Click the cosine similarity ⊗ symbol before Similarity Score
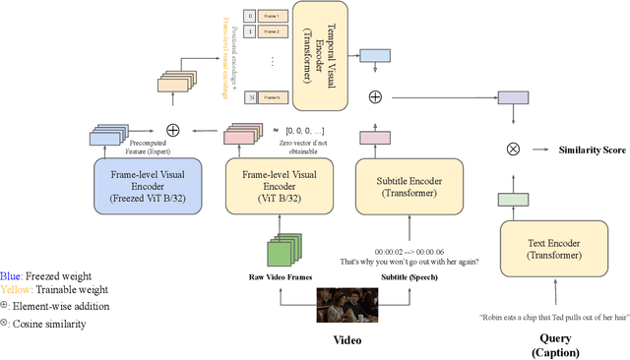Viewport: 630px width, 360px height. [x=512, y=149]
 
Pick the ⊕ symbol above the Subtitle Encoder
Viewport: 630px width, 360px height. [x=374, y=96]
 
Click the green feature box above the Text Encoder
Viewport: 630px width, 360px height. [x=511, y=200]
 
